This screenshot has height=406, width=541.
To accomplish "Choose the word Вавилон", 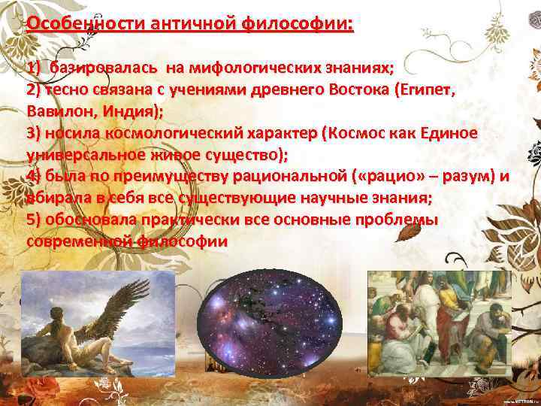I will pos(59,111).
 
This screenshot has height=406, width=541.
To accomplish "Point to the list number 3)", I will pos(34,133).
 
